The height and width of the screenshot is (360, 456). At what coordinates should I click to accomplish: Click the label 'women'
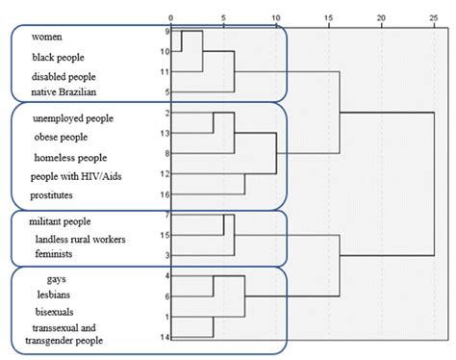(x=47, y=37)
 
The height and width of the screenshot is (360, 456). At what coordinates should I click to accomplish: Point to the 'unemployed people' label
(x=72, y=118)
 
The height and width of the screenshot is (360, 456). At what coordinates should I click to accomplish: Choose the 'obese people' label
(x=62, y=137)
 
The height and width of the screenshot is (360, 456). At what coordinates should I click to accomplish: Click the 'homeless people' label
(x=68, y=157)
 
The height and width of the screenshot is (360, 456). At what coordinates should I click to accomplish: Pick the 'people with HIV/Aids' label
(x=76, y=175)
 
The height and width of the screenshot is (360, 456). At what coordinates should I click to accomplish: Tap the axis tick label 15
(x=328, y=18)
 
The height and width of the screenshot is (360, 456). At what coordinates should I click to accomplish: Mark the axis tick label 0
(x=171, y=18)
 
